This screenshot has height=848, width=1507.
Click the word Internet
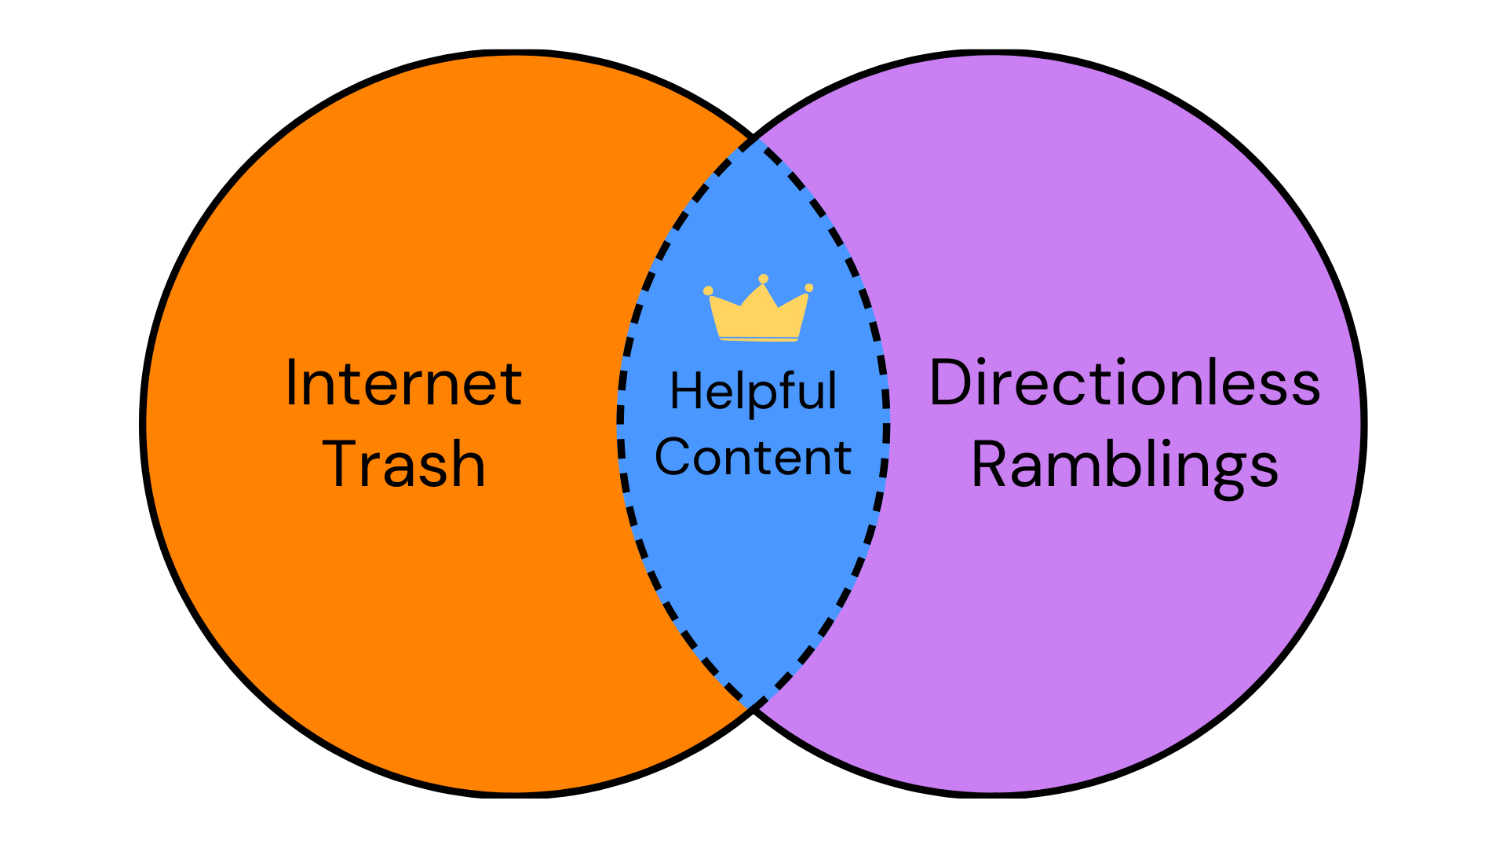(403, 383)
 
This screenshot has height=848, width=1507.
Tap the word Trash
(403, 464)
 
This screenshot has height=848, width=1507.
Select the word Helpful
(753, 391)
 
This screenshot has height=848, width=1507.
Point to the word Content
(753, 458)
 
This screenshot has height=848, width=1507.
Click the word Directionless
(1125, 383)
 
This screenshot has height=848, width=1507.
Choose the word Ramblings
(1125, 466)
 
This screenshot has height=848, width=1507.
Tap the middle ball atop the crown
(763, 279)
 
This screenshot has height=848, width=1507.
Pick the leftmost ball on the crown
(708, 291)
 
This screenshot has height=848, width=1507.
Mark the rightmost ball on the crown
(809, 288)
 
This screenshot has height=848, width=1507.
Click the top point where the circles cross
(753, 138)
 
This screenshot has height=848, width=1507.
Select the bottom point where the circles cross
(753, 709)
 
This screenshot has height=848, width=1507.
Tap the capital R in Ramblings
(991, 464)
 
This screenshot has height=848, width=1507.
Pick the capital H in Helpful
(686, 390)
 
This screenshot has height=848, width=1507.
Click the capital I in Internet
(291, 382)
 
